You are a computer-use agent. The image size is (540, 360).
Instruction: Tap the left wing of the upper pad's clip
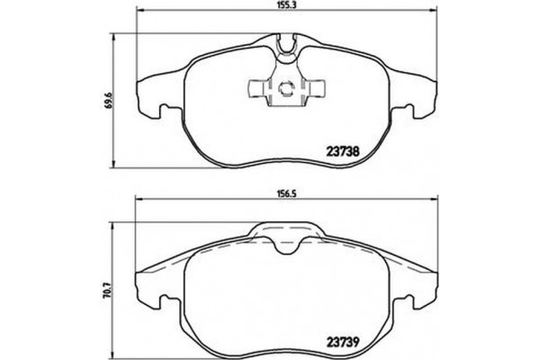point(256,89)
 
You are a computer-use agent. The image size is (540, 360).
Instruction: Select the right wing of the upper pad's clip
point(318,89)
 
